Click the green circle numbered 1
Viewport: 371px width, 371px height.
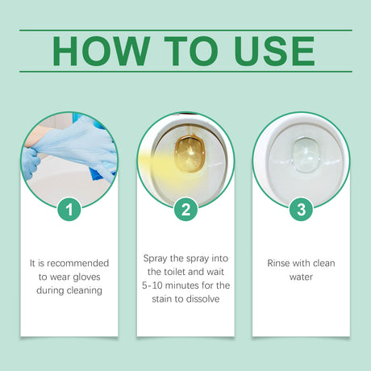tap(69, 210)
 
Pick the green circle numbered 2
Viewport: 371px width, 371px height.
tap(185, 210)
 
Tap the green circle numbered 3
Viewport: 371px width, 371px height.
tap(301, 210)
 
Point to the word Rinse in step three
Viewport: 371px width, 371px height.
tap(281, 262)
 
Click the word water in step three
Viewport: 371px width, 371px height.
tap(301, 277)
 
